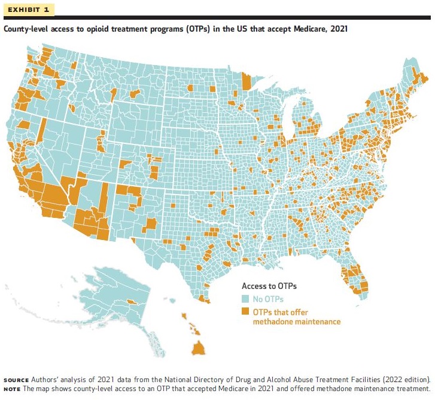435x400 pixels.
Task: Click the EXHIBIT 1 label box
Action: tap(29, 10)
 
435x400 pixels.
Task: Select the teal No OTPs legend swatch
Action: tap(245, 299)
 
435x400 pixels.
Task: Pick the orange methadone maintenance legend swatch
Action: tap(245, 312)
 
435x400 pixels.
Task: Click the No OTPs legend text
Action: tap(268, 299)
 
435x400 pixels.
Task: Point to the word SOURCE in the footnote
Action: tap(16, 380)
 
